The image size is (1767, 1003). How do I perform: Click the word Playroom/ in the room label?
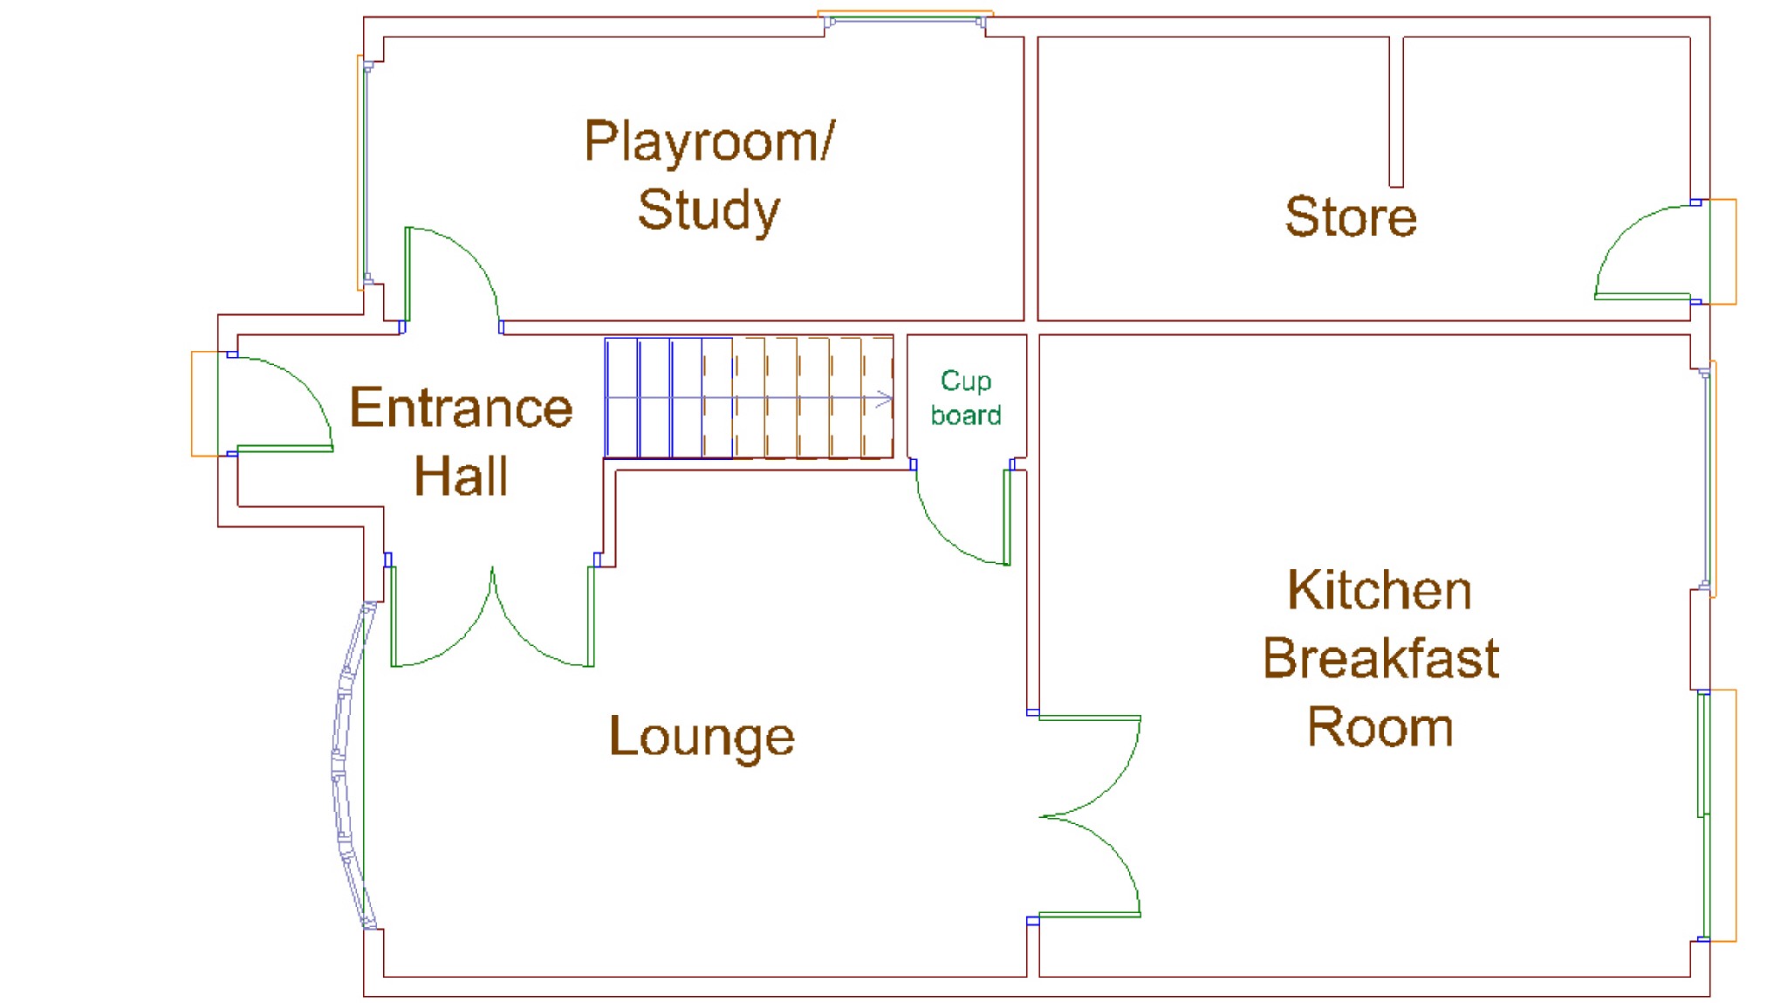(x=709, y=141)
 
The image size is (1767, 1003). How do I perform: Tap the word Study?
(x=709, y=210)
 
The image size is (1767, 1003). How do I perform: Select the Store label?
(x=1351, y=216)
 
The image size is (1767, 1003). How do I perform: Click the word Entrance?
(x=461, y=408)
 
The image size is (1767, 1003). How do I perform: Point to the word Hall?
(x=461, y=476)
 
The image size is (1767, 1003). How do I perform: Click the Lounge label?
(x=702, y=737)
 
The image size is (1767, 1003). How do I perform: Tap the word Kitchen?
(x=1380, y=590)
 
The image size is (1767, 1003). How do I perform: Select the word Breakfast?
(x=1380, y=658)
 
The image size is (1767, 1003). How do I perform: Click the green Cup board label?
(x=966, y=398)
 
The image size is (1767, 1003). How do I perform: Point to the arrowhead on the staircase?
(x=885, y=400)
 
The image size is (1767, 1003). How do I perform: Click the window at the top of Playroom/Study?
(x=905, y=17)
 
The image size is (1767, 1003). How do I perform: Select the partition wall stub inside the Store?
(x=1396, y=112)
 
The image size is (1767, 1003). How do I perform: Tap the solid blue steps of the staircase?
(x=668, y=398)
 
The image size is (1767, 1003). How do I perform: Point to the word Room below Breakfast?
(x=1380, y=727)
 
